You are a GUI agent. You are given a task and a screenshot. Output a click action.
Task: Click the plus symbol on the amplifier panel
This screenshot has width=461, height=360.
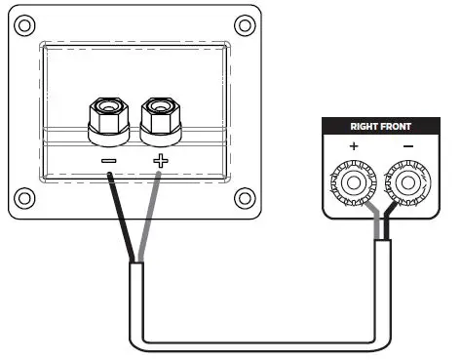click(353, 146)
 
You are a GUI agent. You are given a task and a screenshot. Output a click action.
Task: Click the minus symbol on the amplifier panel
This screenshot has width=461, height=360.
click(406, 146)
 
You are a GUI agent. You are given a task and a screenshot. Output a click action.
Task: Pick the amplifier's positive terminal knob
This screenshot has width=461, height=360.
click(352, 181)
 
